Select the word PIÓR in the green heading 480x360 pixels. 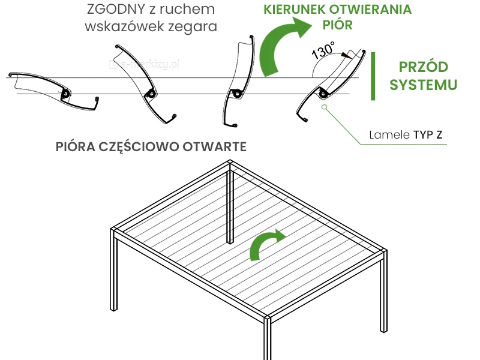coord(338,25)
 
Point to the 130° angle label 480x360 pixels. coord(324,50)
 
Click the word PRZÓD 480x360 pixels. coord(423,67)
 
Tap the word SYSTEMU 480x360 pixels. coord(423,85)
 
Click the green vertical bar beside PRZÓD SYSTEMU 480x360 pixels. coord(374,76)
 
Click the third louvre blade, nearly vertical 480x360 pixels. coord(238,84)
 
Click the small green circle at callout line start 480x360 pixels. coord(324,108)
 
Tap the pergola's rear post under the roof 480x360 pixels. coord(230,207)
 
